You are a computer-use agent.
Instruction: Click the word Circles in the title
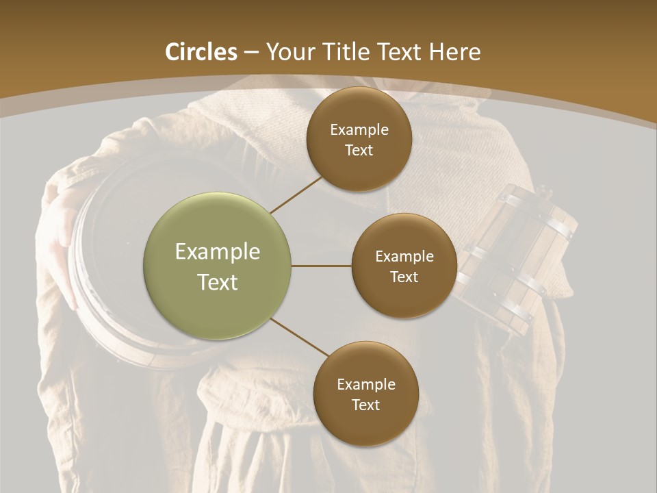coord(201,52)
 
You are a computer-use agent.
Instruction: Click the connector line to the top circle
coord(296,194)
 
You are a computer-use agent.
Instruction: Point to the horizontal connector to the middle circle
coord(321,266)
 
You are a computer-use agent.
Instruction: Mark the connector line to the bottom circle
coord(300,337)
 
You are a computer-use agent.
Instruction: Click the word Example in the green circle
coord(218,252)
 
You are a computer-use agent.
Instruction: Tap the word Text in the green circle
coord(218,282)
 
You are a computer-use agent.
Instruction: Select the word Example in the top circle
coord(359,130)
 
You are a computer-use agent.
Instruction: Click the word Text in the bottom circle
coord(365,405)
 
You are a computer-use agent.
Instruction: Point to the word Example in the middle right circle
coord(404,257)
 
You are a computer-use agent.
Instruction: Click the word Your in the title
coord(286,52)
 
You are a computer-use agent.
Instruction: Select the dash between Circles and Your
coord(251,53)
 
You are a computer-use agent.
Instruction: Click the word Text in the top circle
coord(359,151)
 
